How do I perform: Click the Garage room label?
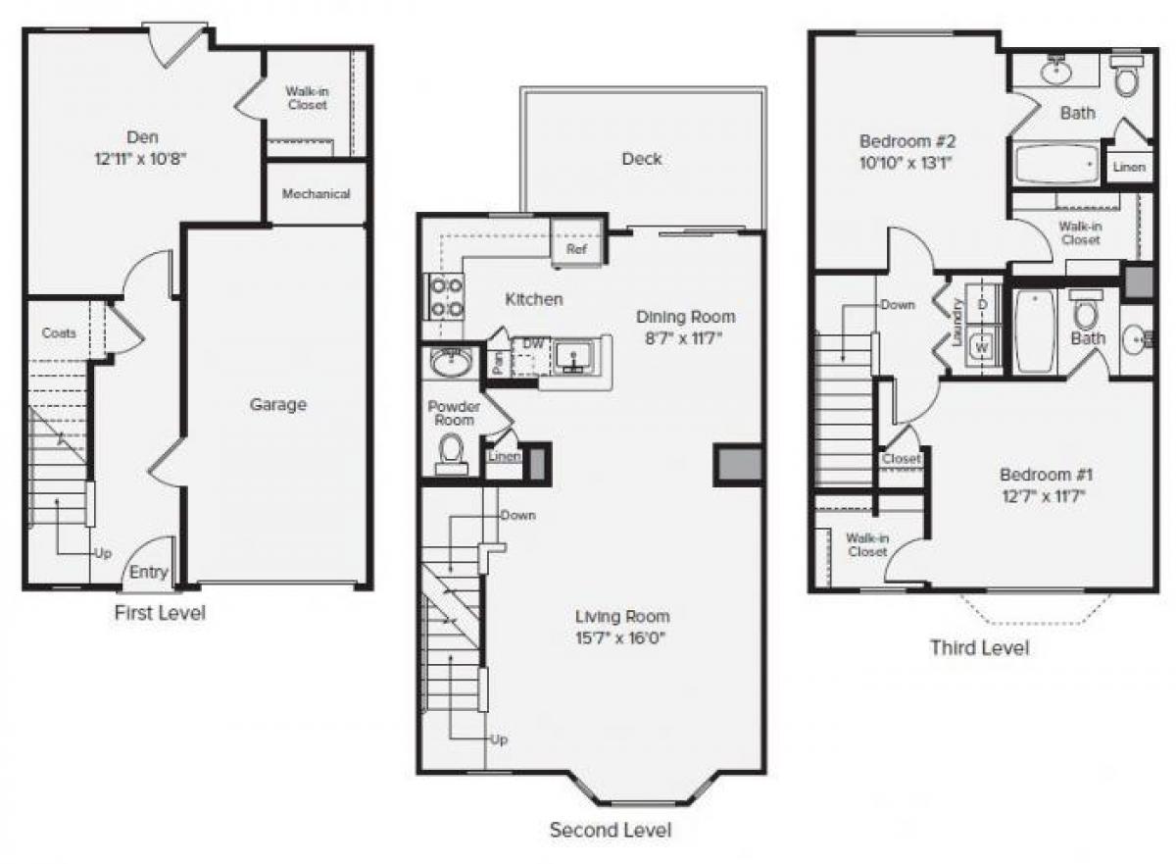278,404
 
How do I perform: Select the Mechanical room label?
316,194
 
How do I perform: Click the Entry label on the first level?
149,573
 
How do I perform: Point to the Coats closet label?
59,333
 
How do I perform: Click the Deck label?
642,159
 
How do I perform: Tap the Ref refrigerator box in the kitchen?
576,249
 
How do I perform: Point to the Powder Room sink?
451,362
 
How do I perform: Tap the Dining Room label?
685,317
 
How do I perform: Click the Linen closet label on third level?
1129,168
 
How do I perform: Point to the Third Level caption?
979,647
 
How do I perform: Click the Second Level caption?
611,831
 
